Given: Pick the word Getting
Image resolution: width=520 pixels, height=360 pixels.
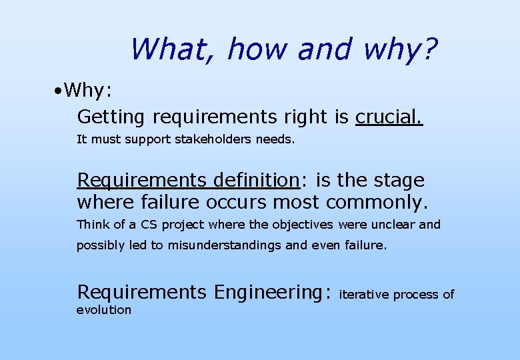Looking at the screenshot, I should point(111,117).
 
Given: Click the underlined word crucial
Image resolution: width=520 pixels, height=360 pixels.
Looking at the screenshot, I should point(389,117).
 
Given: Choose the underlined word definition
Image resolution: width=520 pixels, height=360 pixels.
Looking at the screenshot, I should point(255,180).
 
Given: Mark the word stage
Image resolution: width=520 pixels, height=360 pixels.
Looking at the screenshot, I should point(399,181).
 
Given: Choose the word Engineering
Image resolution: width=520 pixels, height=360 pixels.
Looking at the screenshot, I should point(271,292).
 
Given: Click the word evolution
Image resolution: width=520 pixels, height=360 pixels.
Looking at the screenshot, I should point(104,309).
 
